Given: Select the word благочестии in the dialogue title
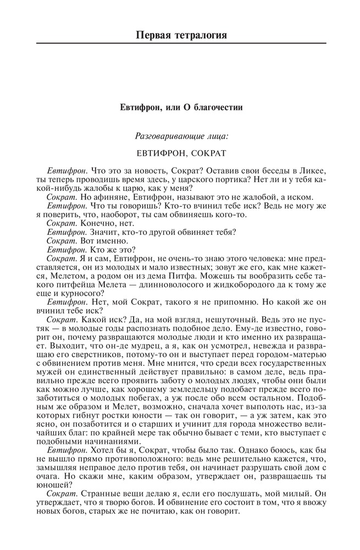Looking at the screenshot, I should click(217, 108).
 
